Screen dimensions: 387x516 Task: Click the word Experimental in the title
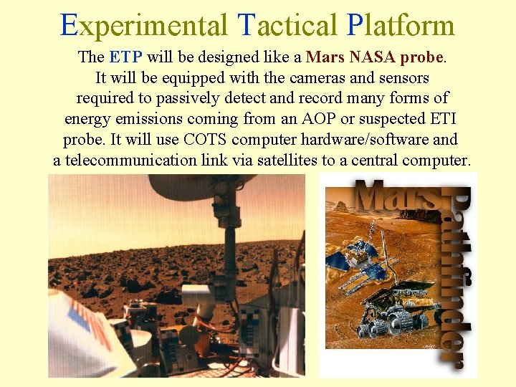(141, 25)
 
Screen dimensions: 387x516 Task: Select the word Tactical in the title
(285, 25)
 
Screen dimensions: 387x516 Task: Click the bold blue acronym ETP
(125, 57)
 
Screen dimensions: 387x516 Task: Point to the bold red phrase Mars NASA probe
(375, 57)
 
